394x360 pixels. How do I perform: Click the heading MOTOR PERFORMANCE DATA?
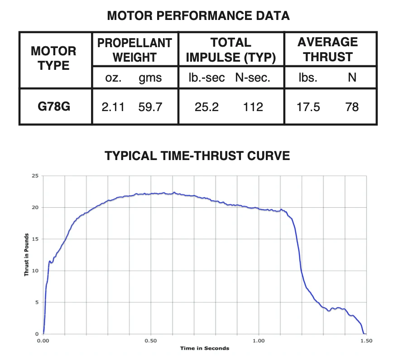198,16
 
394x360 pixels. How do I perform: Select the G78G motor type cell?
53,107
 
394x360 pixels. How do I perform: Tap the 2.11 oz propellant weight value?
113,107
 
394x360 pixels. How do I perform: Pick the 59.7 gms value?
150,107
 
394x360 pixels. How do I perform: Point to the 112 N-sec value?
253,107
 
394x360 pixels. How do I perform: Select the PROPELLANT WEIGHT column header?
135,50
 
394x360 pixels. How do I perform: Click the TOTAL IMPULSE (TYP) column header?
231,50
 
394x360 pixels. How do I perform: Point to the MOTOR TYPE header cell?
53,58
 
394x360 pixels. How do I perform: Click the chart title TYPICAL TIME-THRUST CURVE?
197,156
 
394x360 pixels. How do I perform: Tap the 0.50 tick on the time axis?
151,341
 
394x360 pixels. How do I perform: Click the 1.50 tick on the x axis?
366,341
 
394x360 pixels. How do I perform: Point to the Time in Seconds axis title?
205,348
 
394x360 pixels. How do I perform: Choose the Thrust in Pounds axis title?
26,255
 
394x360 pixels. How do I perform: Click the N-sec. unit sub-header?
253,78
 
